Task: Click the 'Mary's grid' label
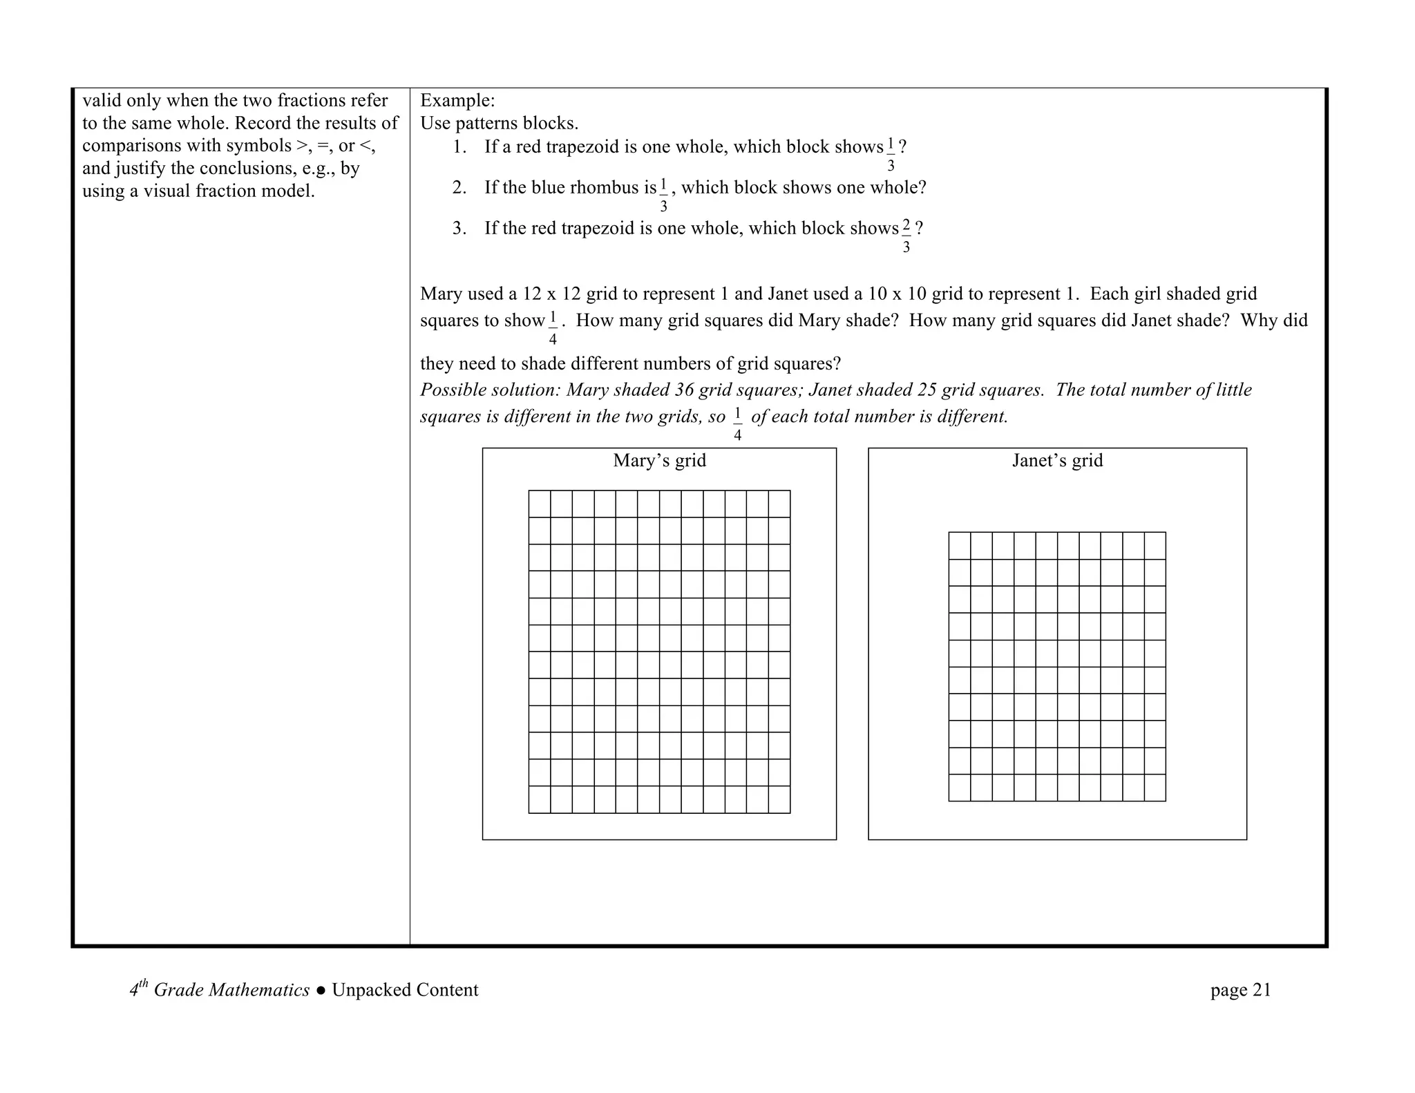[x=659, y=461]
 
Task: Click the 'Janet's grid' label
[x=1057, y=461]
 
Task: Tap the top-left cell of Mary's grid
[x=540, y=504]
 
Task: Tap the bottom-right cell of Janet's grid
[x=1155, y=788]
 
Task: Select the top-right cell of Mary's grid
[x=779, y=504]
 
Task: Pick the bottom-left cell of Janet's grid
[x=960, y=788]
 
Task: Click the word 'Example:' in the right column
[x=457, y=101]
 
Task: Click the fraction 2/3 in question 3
[x=906, y=235]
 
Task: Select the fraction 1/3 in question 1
[x=891, y=153]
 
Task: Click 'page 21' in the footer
[x=1240, y=990]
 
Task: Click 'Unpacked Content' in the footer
[x=405, y=990]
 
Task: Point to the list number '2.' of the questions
[x=459, y=188]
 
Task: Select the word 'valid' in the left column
[x=102, y=101]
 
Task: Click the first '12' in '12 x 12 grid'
[x=532, y=294]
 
